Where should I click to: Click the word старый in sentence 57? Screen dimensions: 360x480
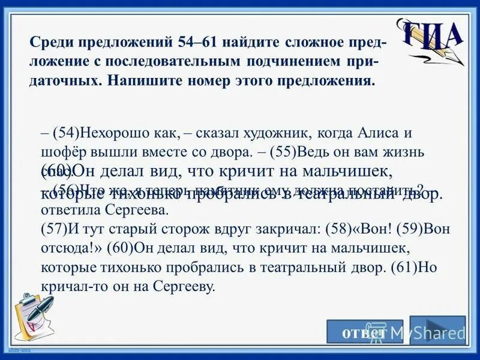click(136, 229)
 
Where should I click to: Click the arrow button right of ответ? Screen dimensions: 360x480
click(437, 331)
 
